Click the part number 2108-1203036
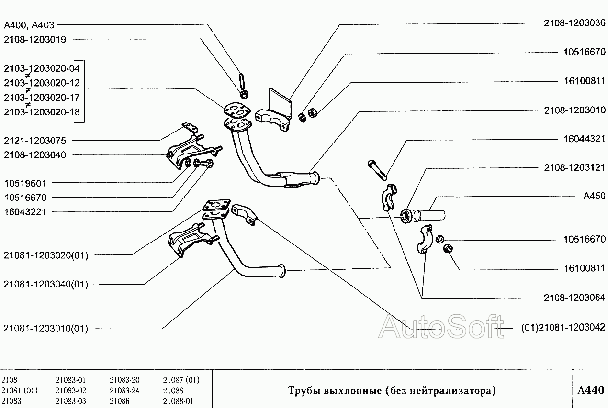(x=574, y=22)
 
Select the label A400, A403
(x=29, y=25)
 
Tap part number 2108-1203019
(x=34, y=40)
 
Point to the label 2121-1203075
(x=34, y=141)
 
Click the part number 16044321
(x=584, y=139)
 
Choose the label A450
(x=594, y=196)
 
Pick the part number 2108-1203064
(x=574, y=298)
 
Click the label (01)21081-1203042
(x=563, y=328)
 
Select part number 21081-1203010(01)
(x=45, y=329)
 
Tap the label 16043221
(x=25, y=212)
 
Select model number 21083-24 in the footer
(x=124, y=390)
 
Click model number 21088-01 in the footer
(x=178, y=401)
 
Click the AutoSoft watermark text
(x=441, y=327)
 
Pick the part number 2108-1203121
(x=574, y=168)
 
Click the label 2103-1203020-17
(x=42, y=98)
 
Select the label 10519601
(x=25, y=183)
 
